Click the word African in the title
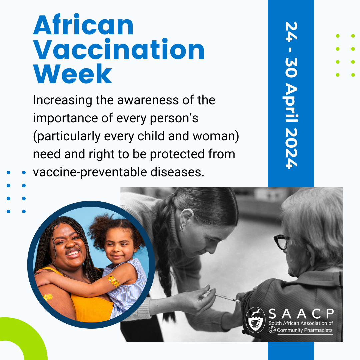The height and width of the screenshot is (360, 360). [x=83, y=26]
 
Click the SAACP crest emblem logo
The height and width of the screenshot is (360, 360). [x=256, y=320]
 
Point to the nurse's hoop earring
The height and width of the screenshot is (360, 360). [x=182, y=227]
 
